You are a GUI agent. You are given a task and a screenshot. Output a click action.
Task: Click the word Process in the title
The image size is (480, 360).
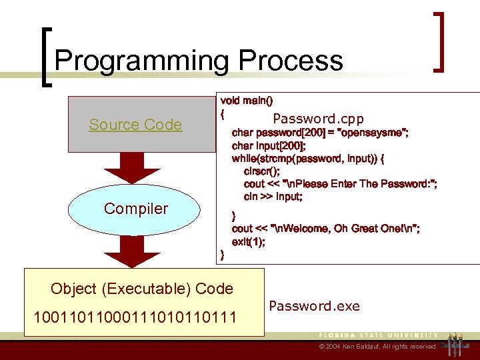291,61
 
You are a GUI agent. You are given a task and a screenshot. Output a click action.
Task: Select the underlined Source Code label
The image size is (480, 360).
135,125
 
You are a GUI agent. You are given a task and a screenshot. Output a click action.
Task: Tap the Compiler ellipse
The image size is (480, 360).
136,209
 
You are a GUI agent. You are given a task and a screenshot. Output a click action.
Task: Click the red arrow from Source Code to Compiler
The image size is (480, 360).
136,169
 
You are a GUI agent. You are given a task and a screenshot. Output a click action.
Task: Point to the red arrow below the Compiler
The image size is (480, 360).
136,251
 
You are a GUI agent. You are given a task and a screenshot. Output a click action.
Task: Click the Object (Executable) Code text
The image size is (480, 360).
142,289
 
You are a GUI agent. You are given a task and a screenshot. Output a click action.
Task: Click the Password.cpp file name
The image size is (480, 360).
318,119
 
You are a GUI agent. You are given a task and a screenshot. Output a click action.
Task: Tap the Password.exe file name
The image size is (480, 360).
314,306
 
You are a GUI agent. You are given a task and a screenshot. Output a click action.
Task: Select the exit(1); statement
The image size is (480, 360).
248,242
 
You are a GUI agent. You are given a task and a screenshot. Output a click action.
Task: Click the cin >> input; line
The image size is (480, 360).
273,197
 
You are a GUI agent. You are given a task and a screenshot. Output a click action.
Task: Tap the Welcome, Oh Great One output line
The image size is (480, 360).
325,229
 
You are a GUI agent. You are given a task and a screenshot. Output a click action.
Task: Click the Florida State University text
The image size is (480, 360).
378,335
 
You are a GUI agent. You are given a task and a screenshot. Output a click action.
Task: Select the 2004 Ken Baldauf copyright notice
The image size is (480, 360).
377,347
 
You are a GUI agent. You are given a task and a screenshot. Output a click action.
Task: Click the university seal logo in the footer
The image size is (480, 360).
457,342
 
